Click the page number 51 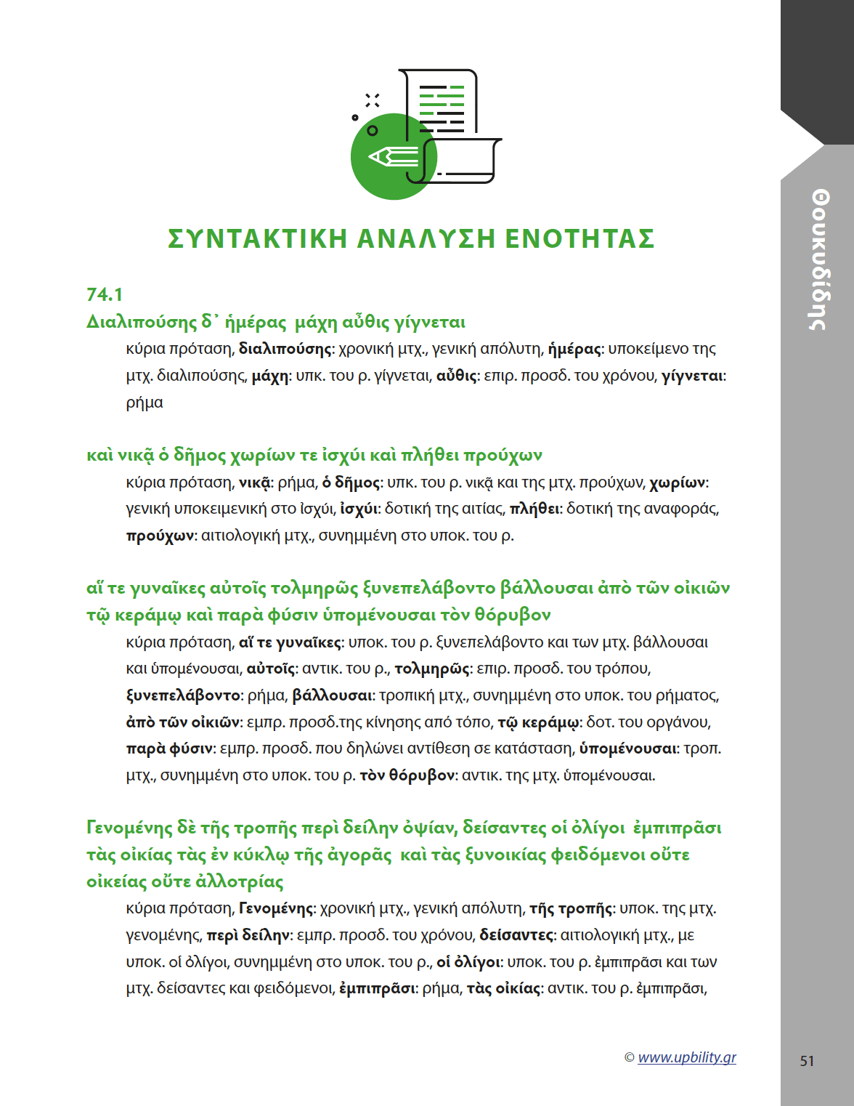(807, 1061)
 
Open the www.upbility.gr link (686, 1057)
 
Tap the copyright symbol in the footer (629, 1058)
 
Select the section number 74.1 (105, 294)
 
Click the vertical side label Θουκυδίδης (820, 259)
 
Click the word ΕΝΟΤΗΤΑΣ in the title (579, 238)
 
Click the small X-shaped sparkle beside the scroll (373, 100)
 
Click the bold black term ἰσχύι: (359, 509)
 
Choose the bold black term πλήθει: (535, 509)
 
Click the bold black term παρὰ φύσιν (169, 748)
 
